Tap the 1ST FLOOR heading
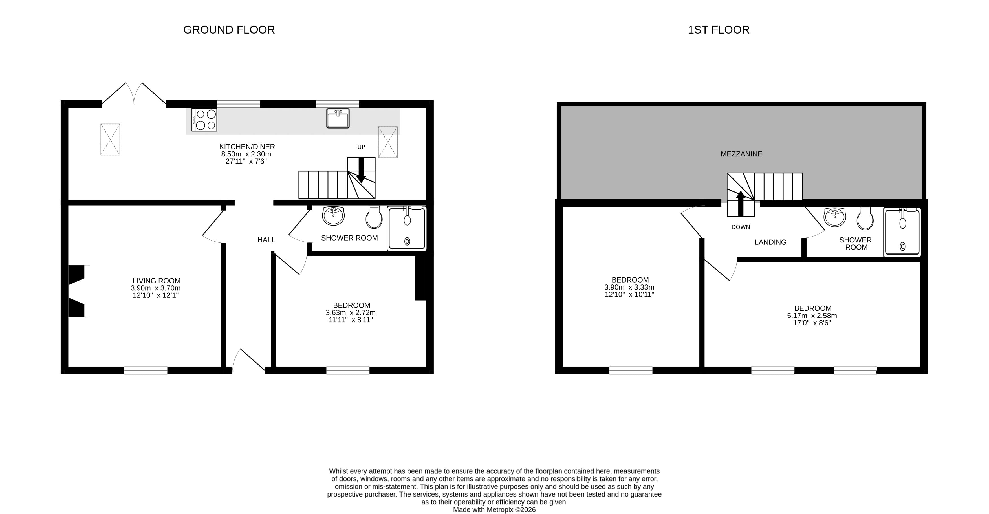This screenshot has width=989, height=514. click(718, 30)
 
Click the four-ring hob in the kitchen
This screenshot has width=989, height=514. click(204, 120)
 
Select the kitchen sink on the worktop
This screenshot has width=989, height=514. click(338, 118)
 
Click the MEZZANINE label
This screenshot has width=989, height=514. click(741, 154)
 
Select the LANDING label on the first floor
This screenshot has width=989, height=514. click(770, 242)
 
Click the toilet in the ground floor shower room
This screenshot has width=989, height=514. click(374, 217)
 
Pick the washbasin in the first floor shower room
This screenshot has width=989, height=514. click(835, 217)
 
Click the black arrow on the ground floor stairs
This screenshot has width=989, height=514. click(361, 170)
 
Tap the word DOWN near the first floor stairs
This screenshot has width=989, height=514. click(741, 227)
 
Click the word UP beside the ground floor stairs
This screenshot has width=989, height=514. click(361, 147)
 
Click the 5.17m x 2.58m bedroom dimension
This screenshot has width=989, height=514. click(812, 316)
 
